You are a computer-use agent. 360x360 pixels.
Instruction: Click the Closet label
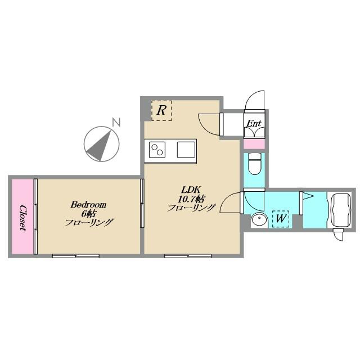click(22, 218)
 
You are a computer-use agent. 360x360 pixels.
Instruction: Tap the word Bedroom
click(88, 205)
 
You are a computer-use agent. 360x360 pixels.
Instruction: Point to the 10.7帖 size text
click(191, 199)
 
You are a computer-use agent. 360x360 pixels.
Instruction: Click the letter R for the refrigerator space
click(161, 110)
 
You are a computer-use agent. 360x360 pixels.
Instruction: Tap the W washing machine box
click(281, 219)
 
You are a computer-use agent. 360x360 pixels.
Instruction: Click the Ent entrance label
click(254, 124)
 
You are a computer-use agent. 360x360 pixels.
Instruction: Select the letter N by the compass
click(116, 122)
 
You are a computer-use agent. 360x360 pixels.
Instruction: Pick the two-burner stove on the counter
click(157, 150)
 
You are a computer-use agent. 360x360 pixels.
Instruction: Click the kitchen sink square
click(186, 150)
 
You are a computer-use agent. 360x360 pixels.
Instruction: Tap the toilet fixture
click(254, 163)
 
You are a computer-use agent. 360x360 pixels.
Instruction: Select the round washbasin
click(259, 220)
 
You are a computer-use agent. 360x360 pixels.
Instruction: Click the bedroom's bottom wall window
click(76, 256)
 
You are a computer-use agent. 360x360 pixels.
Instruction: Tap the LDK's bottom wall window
click(188, 256)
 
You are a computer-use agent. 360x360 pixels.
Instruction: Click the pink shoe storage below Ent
click(254, 144)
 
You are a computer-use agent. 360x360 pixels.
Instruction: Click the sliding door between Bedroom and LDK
click(142, 204)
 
